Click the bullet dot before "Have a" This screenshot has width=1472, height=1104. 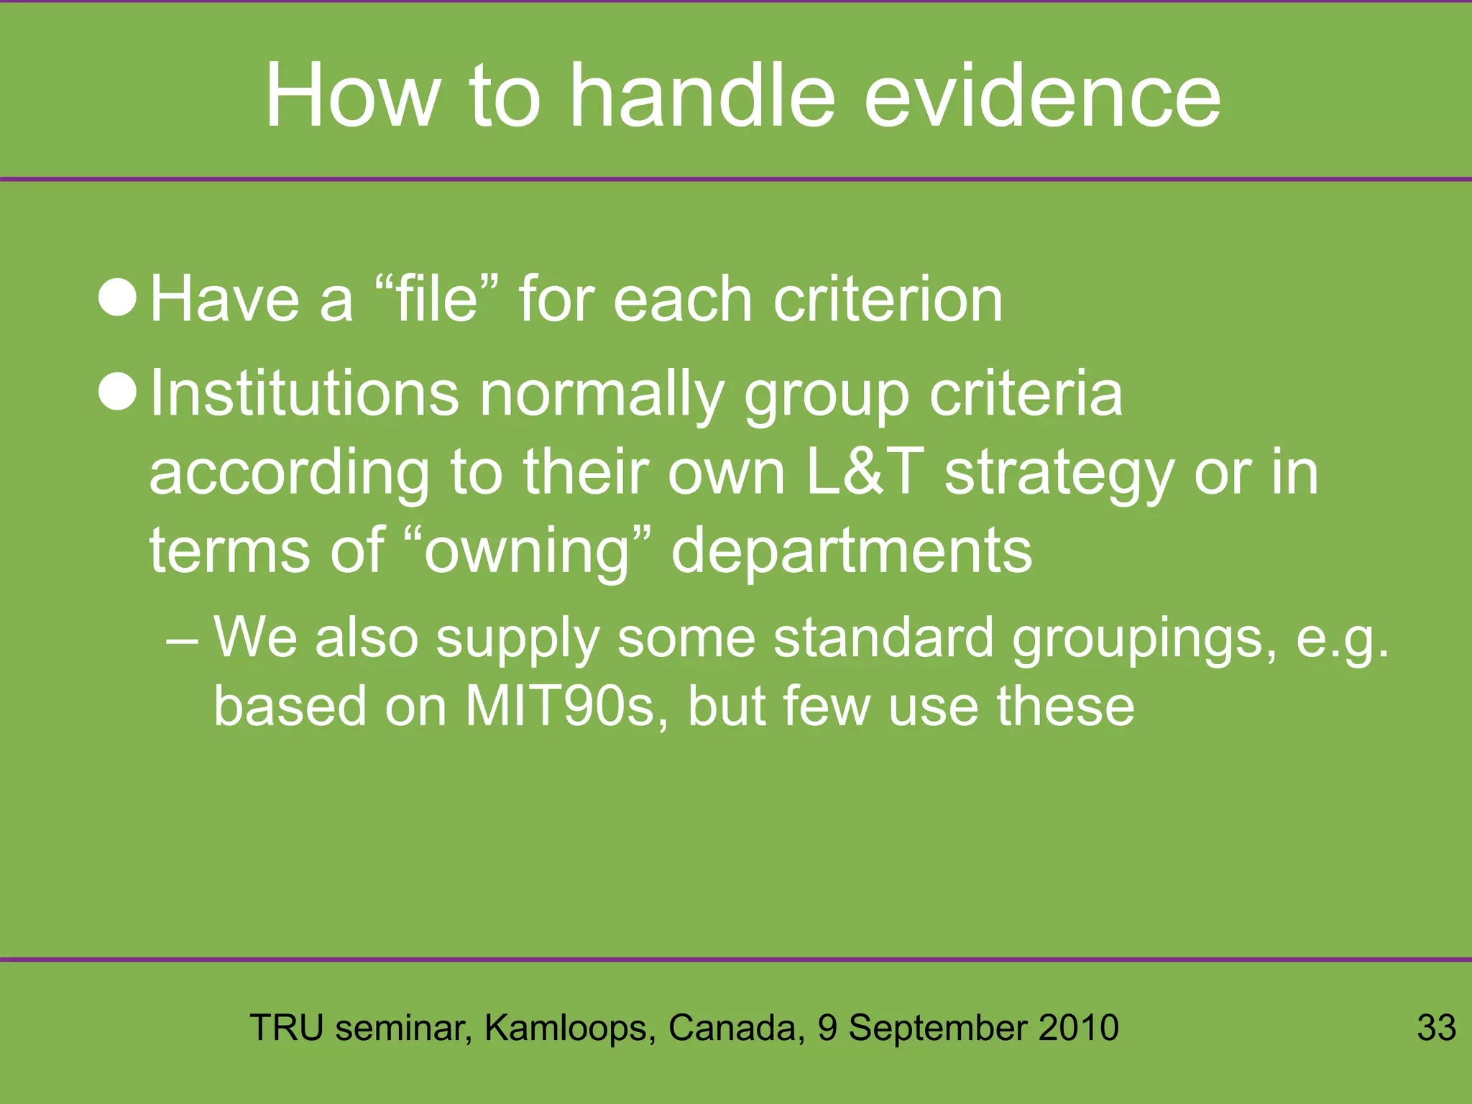117,298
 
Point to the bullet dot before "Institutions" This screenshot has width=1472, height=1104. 117,392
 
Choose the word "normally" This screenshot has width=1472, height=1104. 602,396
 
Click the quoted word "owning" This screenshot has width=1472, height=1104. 527,552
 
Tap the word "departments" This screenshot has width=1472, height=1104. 851,552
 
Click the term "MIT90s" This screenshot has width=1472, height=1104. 566,706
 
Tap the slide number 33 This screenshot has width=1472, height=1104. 1436,1027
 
